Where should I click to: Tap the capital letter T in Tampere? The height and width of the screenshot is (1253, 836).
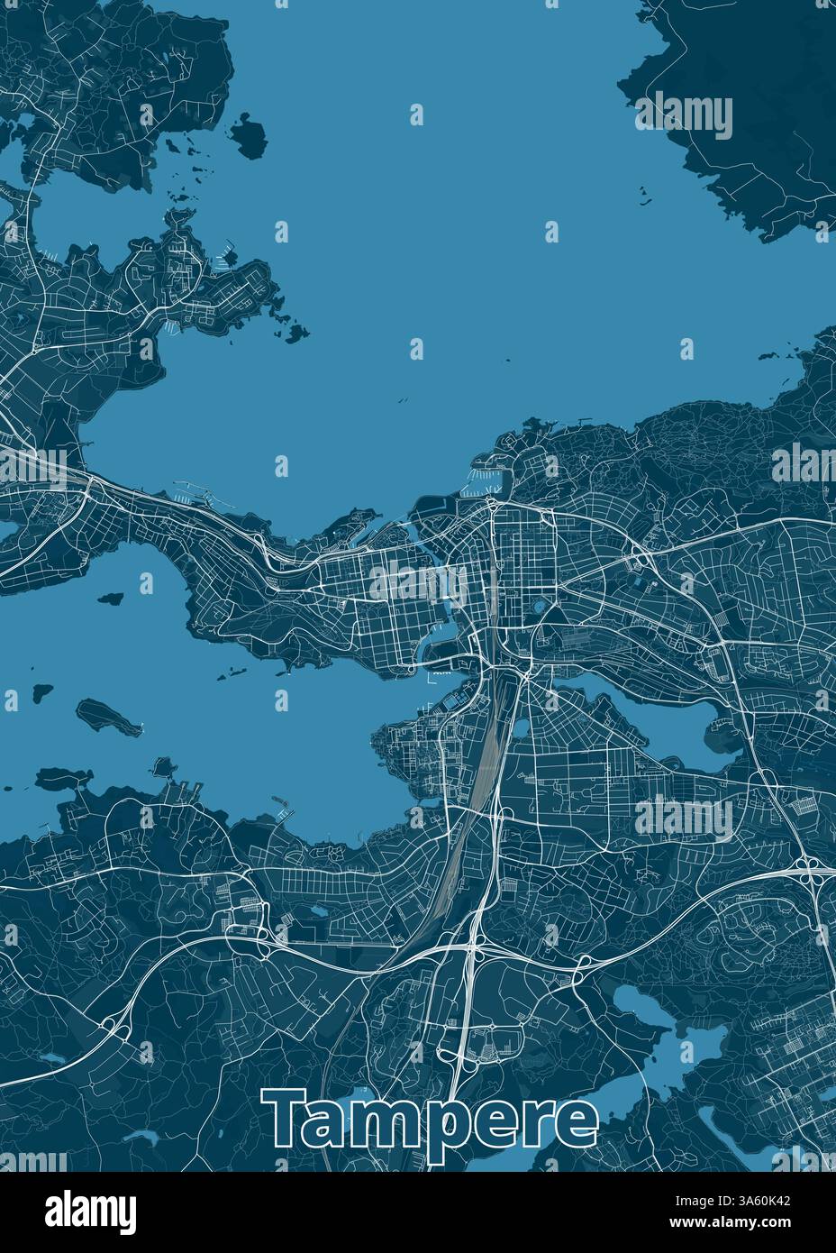[286, 1118]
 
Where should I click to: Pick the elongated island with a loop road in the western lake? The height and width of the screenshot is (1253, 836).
[108, 716]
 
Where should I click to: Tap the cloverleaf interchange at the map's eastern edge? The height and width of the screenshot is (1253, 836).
[808, 869]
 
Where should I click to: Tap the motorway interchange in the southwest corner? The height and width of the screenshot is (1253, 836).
[114, 1024]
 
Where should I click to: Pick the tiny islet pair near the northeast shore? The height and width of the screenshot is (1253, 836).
[645, 197]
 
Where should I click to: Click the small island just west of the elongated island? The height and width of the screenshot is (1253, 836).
[41, 694]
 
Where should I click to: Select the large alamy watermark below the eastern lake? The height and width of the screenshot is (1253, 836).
[684, 819]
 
